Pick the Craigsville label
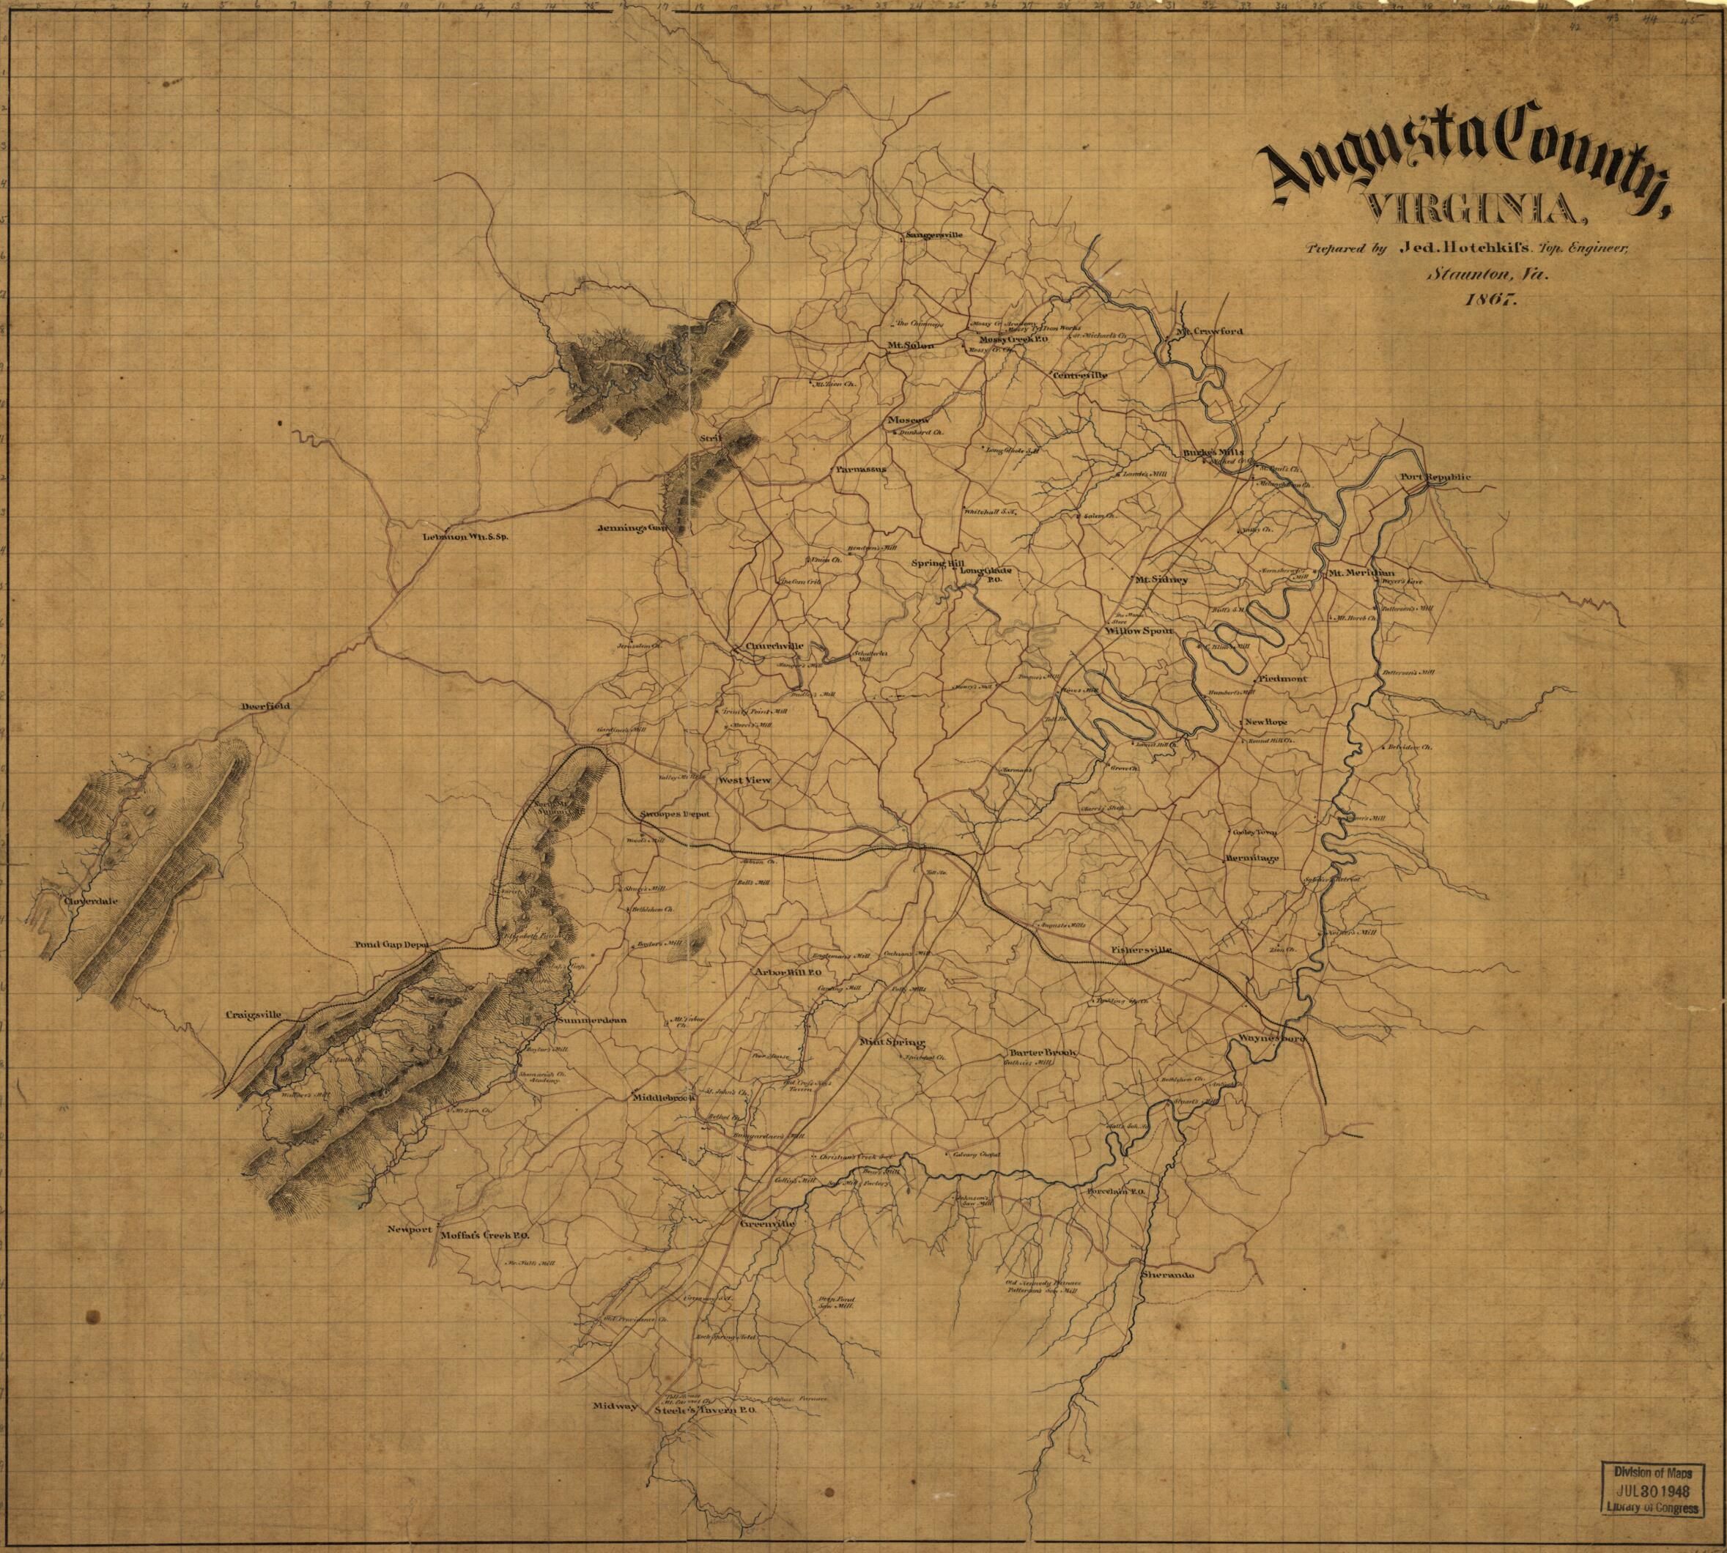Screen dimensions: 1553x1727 pos(254,1015)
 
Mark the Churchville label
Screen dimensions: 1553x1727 pos(774,646)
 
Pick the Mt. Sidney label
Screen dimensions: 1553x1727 pos(1160,579)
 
